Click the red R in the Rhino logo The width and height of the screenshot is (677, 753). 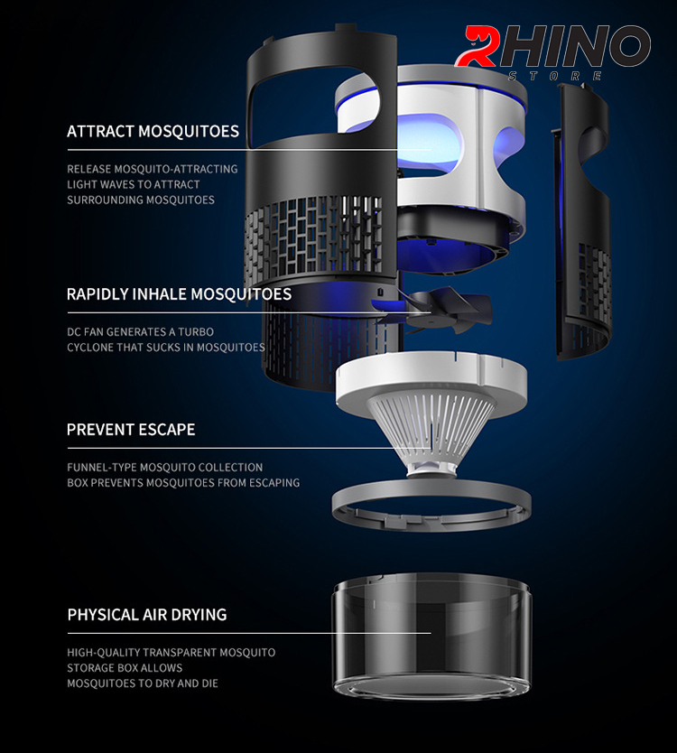point(476,46)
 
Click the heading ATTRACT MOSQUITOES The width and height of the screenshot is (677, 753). point(153,131)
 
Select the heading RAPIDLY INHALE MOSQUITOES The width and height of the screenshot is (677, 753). point(179,294)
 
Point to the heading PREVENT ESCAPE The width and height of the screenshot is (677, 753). point(131,430)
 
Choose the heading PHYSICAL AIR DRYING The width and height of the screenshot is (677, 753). point(147,615)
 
